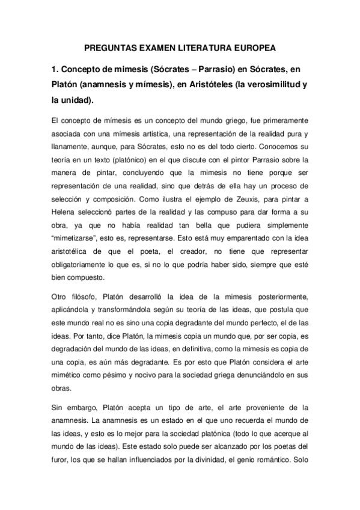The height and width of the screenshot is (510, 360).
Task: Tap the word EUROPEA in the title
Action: click(252, 48)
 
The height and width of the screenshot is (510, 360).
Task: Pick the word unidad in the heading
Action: click(75, 100)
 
